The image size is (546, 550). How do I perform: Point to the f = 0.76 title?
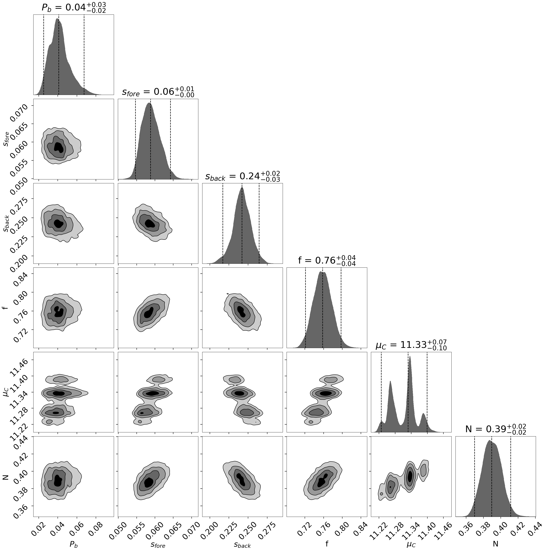point(327,260)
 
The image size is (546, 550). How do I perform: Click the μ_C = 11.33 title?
point(411,345)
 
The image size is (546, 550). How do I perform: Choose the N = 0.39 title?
point(496,429)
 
